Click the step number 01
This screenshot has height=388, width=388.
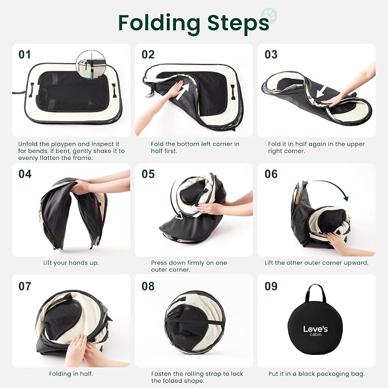click(25, 54)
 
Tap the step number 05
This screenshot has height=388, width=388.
click(148, 174)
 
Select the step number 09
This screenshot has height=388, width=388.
click(271, 286)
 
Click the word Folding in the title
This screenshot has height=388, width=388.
click(159, 23)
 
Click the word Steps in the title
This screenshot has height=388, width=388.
click(238, 23)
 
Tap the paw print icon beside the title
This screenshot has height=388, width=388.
click(269, 15)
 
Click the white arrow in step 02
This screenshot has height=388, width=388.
click(183, 91)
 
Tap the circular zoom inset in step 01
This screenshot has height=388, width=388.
click(91, 65)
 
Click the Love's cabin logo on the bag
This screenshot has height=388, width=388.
click(315, 330)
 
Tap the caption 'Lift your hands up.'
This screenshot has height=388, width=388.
click(71, 263)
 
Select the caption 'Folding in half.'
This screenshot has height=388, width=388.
click(71, 374)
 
